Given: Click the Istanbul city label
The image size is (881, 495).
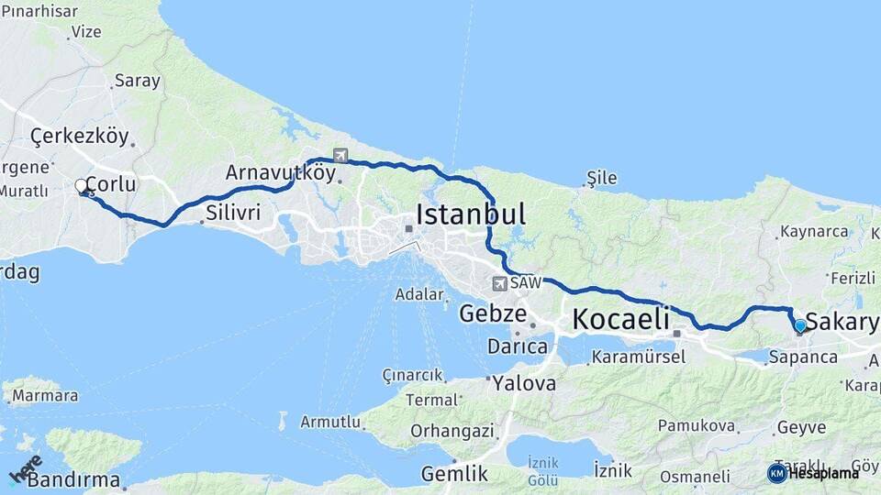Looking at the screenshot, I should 471,214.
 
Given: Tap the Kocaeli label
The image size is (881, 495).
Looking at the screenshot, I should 620,319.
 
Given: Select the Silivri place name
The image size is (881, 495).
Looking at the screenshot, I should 233,213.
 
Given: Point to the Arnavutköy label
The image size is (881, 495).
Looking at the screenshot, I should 280,172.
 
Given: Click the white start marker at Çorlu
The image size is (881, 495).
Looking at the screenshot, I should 81,186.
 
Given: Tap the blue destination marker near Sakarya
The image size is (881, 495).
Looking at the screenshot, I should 800,325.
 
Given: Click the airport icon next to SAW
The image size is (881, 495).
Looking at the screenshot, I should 499,284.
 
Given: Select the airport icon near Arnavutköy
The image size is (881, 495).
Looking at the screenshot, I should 340,155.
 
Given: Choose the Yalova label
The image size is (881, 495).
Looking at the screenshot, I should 523,383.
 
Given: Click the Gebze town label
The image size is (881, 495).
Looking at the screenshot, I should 492,313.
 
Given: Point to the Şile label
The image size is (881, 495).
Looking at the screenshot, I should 602,178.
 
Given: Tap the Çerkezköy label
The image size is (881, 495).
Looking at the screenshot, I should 80,137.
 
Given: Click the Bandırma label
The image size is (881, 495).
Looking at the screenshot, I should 73,479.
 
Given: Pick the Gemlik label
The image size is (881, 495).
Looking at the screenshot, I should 453,474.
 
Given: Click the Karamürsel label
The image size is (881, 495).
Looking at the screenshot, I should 639,357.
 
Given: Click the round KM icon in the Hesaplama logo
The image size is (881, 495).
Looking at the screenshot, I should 776,473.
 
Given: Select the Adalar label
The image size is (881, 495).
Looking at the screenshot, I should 418,294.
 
